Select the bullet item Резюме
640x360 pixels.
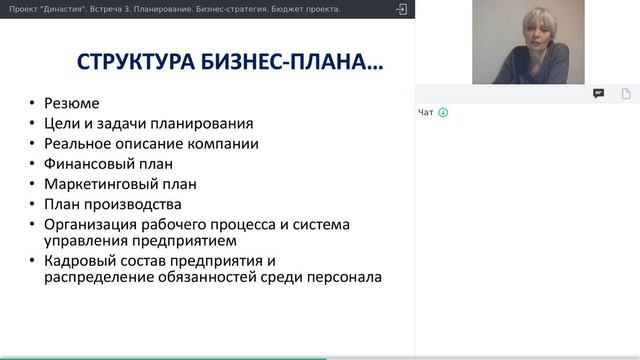pyautogui.click(x=71, y=103)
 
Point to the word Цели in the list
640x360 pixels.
pyautogui.click(x=60, y=124)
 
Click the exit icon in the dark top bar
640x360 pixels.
pyautogui.click(x=402, y=9)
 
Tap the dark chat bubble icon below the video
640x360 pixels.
pyautogui.click(x=598, y=93)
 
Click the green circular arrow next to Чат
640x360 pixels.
pyautogui.click(x=443, y=112)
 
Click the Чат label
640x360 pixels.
pyautogui.click(x=426, y=112)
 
